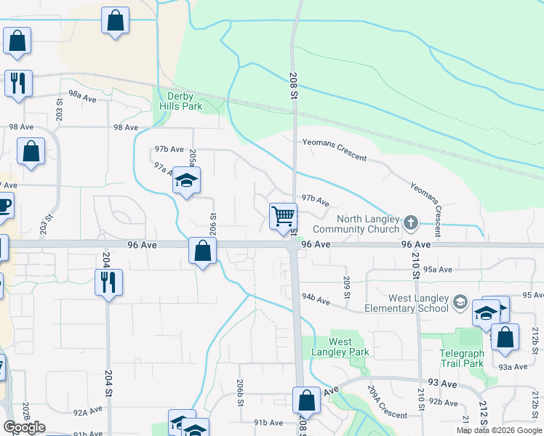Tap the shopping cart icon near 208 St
(283, 216)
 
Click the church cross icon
(411, 222)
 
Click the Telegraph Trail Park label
(461, 358)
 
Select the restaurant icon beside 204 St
(108, 282)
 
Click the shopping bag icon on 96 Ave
(202, 252)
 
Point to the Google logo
(24, 427)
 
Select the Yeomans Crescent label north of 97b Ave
(335, 150)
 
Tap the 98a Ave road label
(83, 96)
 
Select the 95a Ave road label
(439, 269)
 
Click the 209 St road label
(347, 288)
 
